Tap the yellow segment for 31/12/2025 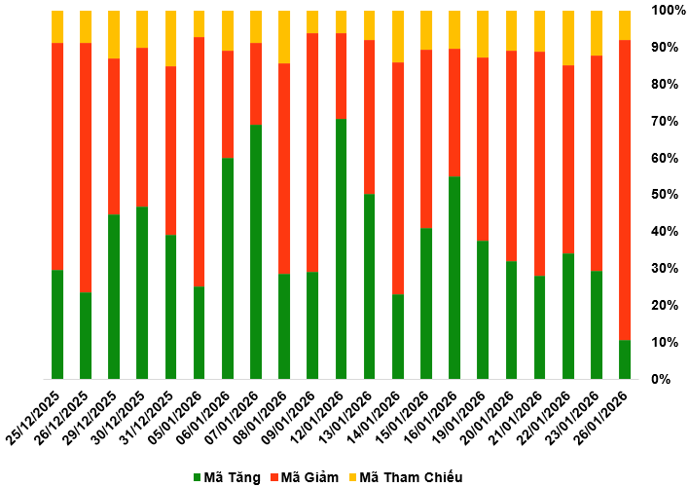pos(170,38)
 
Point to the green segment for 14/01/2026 pos(397,336)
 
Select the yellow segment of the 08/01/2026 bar pos(284,37)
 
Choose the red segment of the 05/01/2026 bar pos(199,162)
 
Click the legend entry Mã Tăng pos(227,477)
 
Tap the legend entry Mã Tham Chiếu pos(402,477)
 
